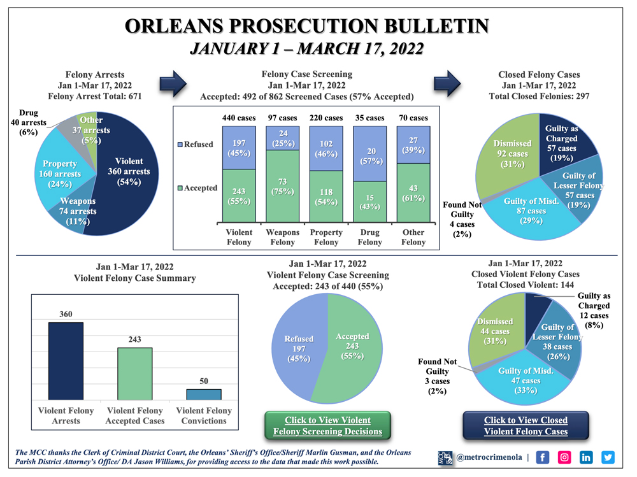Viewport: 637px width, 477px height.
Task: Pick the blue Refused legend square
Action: click(180, 145)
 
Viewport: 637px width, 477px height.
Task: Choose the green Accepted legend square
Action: click(180, 188)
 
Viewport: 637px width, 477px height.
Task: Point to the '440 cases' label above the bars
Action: click(238, 118)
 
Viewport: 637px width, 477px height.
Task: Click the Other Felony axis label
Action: click(413, 237)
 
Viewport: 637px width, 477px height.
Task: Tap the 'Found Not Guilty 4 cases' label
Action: click(462, 220)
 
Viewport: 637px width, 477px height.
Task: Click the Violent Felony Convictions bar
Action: click(203, 394)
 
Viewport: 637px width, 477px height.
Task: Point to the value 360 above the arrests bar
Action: click(66, 315)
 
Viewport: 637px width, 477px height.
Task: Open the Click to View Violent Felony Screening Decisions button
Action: click(327, 426)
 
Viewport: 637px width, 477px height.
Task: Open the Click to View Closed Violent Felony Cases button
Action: click(526, 426)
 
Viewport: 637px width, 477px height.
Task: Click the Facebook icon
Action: click(542, 457)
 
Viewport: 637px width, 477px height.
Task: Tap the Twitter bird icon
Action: click(608, 457)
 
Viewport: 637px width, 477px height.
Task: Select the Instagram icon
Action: click(564, 457)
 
